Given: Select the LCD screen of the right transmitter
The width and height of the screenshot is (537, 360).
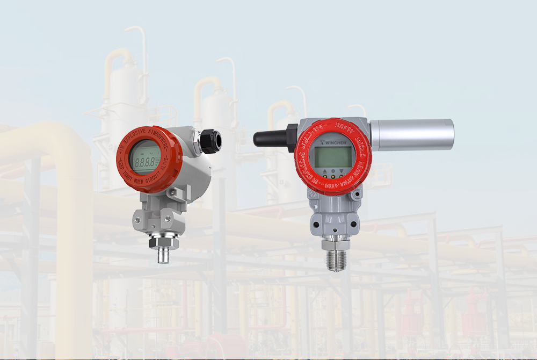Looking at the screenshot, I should point(333,157).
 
